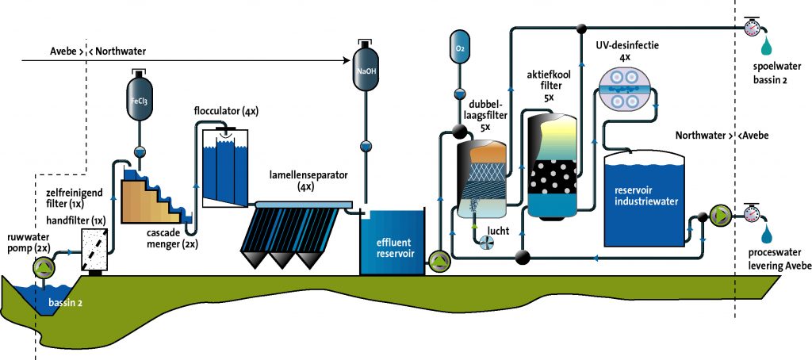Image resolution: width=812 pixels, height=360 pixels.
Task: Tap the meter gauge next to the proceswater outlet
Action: click(753, 213)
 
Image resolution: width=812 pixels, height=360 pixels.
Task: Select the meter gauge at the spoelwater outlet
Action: click(752, 28)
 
